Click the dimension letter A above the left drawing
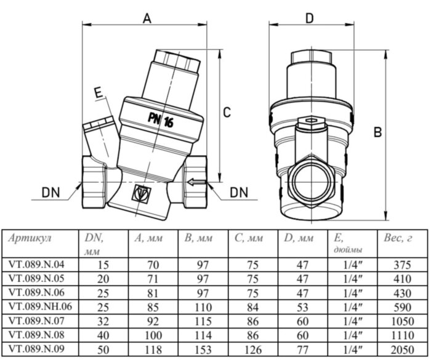tap(147, 18)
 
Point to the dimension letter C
tap(227, 113)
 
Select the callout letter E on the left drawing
tap(97, 93)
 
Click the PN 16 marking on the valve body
tap(161, 119)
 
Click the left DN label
tap(51, 193)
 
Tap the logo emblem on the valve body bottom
tap(141, 194)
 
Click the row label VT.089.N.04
tap(36, 265)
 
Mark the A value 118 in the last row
tap(152, 347)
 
